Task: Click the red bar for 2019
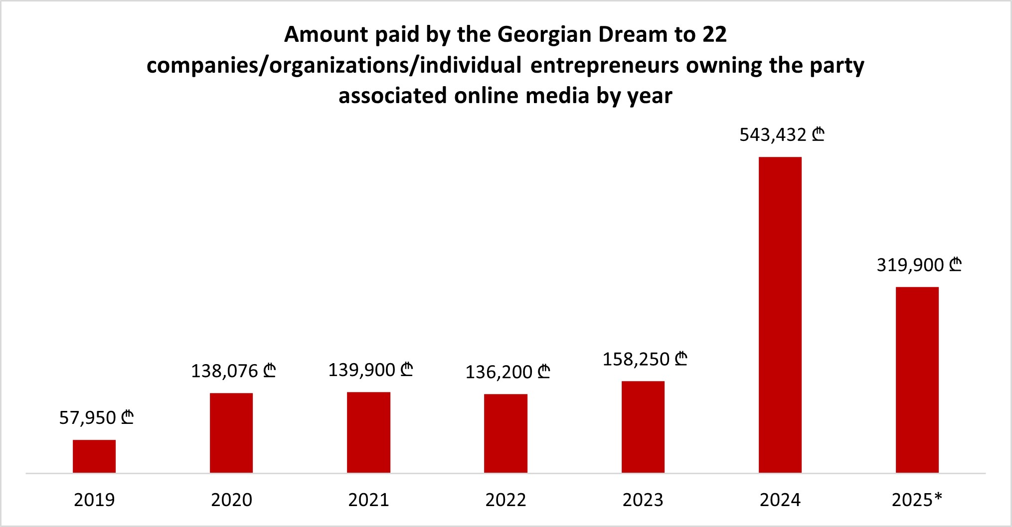94,456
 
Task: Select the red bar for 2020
231,432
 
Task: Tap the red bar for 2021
368,432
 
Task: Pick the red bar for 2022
506,433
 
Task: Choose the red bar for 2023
643,426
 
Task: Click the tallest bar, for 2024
780,314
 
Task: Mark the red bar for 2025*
917,380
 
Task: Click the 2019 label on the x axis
94,500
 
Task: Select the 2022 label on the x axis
506,500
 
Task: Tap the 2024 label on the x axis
780,500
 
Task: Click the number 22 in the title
714,35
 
